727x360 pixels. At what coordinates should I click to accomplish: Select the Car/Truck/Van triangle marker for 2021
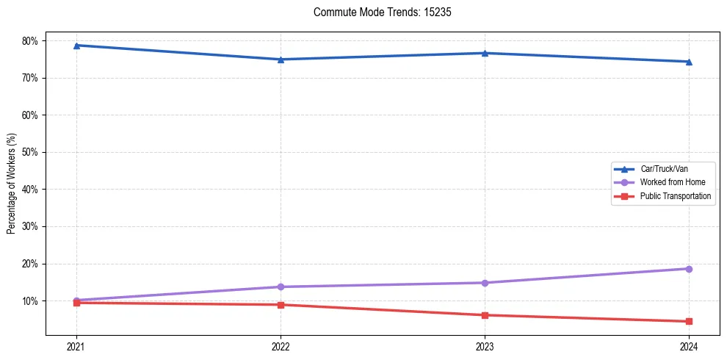(76, 46)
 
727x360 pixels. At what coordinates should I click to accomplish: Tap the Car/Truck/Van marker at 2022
(281, 60)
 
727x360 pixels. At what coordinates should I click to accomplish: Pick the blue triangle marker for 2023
(485, 53)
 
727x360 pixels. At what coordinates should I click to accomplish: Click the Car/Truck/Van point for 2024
(689, 62)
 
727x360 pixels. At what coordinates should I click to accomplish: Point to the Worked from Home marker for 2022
(281, 287)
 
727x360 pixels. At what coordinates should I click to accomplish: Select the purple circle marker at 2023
(485, 283)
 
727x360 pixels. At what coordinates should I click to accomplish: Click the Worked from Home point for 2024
(689, 269)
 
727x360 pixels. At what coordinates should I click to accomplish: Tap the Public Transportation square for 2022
(281, 305)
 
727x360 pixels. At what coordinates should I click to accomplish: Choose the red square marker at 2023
(485, 315)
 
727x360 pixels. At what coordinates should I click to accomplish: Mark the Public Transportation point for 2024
(689, 321)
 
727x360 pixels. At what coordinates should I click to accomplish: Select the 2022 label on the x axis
(281, 345)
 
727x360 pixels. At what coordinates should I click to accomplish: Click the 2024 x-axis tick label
(689, 345)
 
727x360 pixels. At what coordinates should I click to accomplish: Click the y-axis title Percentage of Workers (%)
(12, 184)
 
